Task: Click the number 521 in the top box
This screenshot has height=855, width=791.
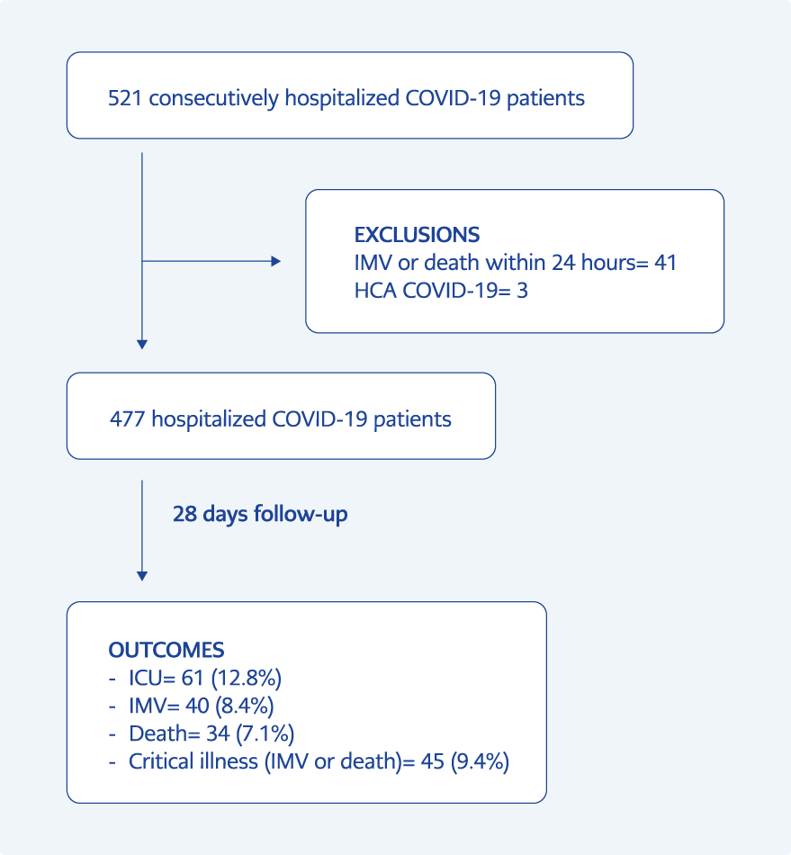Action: coord(125,98)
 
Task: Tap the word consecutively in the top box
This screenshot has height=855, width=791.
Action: coord(213,99)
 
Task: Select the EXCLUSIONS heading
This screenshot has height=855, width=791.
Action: coord(417,235)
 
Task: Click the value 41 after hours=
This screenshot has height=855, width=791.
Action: coord(666,263)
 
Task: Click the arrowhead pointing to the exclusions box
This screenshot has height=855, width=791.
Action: coord(276,261)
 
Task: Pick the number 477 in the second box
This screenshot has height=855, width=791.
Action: coord(128,419)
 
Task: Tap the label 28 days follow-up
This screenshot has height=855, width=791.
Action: coord(260,514)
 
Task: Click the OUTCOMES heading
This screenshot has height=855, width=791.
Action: coord(166,650)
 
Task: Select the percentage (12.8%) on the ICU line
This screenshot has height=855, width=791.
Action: coord(247,679)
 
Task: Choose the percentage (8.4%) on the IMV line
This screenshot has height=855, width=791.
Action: coord(244,706)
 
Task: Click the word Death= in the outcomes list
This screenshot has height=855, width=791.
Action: coord(165,733)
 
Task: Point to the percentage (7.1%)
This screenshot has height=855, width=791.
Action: coord(265,733)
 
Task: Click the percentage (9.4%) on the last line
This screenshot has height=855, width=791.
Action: coord(480,761)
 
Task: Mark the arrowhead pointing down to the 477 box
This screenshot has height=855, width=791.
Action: coord(142,345)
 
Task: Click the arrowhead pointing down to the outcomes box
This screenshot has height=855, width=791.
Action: coord(142,576)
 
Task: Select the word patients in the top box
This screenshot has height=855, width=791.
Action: coord(545,99)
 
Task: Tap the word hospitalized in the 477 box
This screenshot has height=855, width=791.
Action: coord(209,419)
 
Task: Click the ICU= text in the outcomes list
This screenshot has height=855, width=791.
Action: coord(152,679)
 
